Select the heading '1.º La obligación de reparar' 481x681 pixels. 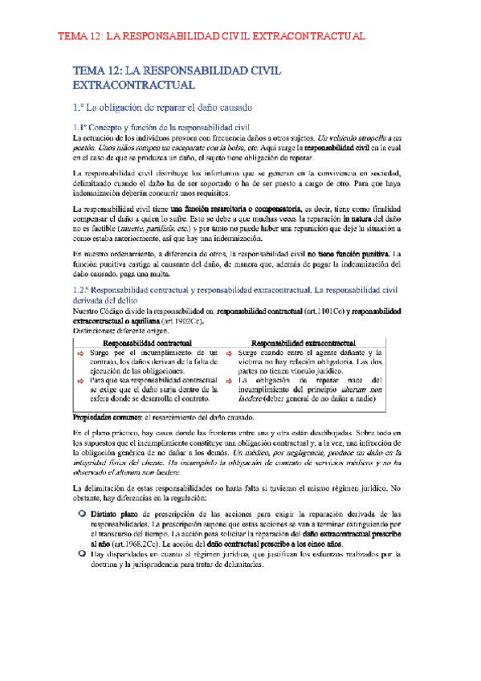pos(162,107)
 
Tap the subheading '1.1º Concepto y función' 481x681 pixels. pos(162,128)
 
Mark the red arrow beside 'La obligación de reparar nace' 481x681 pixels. pos(230,358)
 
